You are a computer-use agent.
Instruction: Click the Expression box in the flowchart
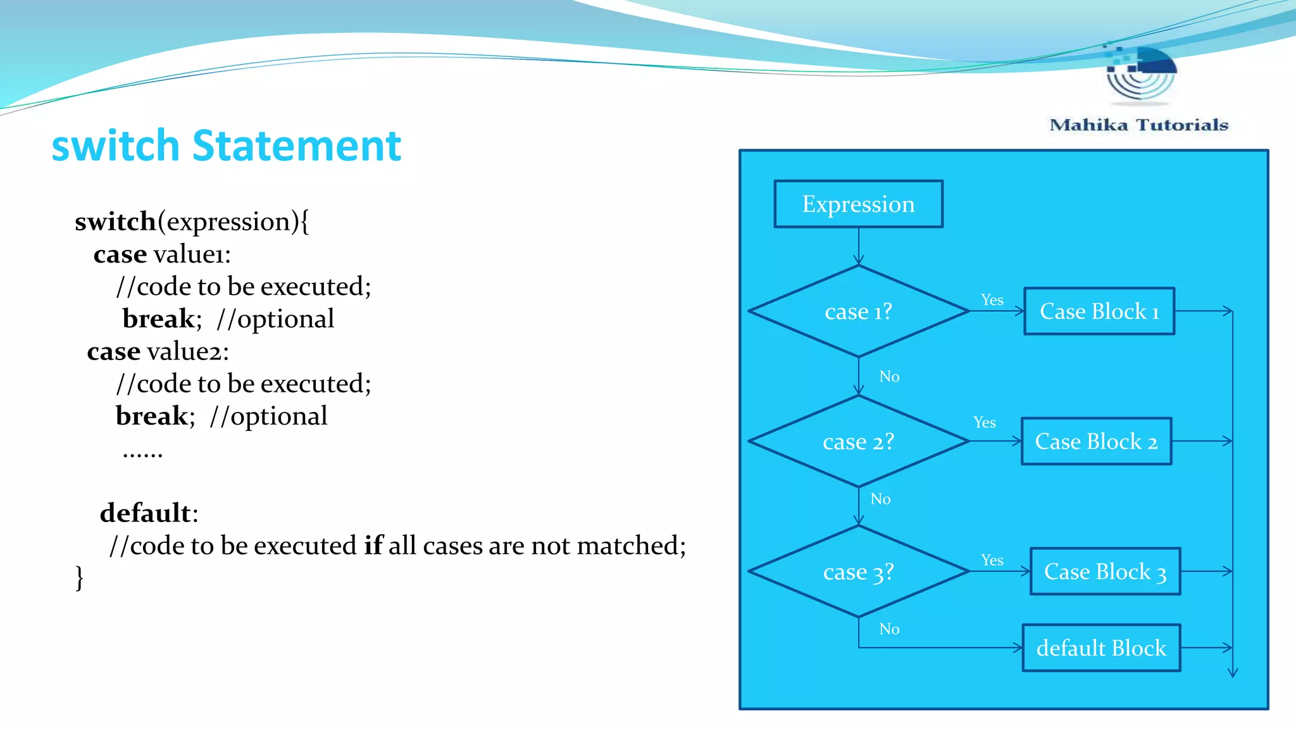click(x=858, y=204)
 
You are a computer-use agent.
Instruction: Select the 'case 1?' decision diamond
click(x=858, y=311)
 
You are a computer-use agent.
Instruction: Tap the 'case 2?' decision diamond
click(x=858, y=441)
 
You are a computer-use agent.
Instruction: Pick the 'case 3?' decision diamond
click(x=858, y=571)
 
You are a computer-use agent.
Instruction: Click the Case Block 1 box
click(x=1099, y=311)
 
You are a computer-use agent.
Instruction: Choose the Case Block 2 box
click(x=1096, y=441)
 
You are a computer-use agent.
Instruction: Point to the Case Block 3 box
click(x=1105, y=571)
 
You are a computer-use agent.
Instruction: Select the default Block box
click(x=1101, y=648)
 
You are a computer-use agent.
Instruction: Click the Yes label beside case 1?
click(x=992, y=300)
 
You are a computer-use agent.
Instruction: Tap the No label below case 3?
click(x=889, y=629)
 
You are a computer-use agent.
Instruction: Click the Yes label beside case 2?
click(x=984, y=422)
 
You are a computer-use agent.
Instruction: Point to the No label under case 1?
click(x=889, y=377)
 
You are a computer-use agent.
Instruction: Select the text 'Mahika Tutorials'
click(x=1138, y=125)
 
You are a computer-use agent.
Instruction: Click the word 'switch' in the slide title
click(x=115, y=146)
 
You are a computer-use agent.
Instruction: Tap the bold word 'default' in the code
click(x=146, y=513)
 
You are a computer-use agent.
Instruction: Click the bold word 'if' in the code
click(x=373, y=545)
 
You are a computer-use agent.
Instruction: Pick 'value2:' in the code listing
click(x=188, y=351)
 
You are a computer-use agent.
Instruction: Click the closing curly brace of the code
click(x=79, y=577)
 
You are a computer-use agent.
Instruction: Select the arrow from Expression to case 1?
click(x=858, y=246)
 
